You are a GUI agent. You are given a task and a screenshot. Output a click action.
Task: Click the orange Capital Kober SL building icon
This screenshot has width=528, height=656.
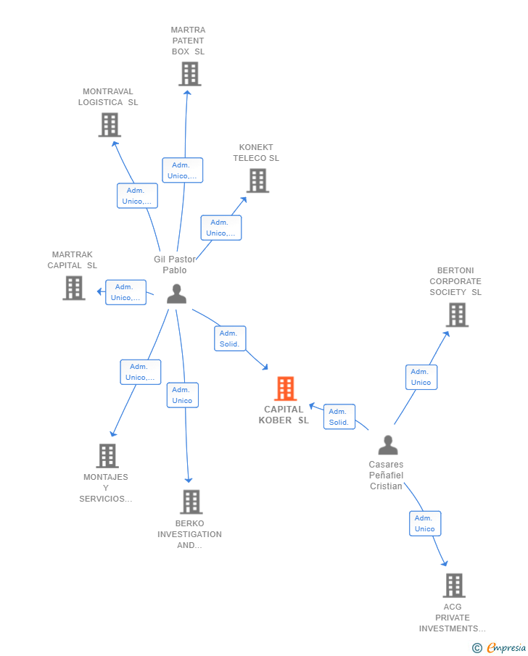[285, 389]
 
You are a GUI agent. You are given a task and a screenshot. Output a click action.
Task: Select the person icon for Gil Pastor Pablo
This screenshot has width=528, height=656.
[176, 294]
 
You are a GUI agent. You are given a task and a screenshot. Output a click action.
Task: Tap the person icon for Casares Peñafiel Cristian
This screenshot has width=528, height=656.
[388, 445]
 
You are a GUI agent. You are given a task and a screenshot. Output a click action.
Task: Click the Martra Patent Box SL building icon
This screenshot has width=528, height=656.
[189, 74]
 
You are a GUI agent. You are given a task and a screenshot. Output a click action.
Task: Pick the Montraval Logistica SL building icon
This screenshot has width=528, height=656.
[109, 125]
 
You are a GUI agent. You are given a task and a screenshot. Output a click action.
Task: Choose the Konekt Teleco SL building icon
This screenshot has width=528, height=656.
[257, 180]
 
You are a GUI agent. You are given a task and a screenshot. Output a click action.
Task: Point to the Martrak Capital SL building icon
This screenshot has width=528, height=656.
[73, 288]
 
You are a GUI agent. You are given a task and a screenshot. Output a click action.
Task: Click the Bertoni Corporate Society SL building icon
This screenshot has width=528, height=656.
[457, 315]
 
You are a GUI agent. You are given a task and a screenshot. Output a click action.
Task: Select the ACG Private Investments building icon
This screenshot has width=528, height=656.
[453, 585]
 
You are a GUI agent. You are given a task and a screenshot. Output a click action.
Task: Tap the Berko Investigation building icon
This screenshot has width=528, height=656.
[191, 501]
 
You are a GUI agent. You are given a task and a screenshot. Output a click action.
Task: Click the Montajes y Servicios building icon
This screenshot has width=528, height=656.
[107, 455]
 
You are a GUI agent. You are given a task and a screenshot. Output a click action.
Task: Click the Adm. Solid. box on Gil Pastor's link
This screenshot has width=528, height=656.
[230, 339]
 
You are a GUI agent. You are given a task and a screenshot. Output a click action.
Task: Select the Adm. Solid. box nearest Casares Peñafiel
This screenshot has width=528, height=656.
[339, 417]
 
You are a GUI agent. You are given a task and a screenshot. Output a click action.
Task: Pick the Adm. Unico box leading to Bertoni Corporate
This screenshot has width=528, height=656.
[421, 377]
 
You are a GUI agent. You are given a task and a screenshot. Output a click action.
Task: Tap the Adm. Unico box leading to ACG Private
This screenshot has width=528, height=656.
[425, 523]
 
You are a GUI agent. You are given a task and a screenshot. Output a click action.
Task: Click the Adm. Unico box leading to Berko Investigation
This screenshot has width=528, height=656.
[182, 395]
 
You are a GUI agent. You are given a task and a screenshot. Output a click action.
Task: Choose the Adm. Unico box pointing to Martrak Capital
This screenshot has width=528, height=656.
[125, 292]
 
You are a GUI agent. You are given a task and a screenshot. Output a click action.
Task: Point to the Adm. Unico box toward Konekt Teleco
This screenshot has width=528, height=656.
[220, 228]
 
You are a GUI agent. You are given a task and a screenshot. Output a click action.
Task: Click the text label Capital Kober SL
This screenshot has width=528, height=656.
[284, 415]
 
